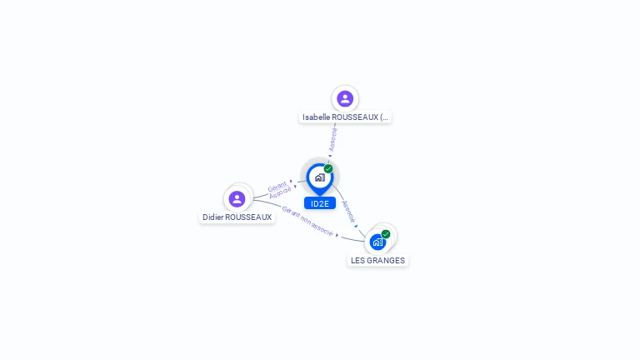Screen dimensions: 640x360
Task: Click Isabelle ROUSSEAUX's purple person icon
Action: point(345,99)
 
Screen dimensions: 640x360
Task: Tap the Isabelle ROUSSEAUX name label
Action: point(345,117)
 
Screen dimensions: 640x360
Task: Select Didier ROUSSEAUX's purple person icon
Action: point(237,199)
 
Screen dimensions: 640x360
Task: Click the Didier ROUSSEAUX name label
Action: point(237,217)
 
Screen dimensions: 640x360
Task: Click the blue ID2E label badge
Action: point(320,203)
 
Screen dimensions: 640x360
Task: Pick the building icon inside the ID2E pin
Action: point(320,177)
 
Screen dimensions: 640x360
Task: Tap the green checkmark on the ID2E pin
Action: point(328,168)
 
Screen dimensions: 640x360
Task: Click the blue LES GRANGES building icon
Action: point(378,242)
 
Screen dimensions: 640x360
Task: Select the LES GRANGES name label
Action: point(378,260)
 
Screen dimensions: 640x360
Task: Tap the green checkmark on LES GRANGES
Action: point(386,234)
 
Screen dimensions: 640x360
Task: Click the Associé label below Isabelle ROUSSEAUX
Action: point(333,139)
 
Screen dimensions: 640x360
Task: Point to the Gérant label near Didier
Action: point(277,187)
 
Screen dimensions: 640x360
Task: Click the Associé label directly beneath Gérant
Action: point(280,192)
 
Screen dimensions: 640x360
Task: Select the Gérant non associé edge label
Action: point(307,221)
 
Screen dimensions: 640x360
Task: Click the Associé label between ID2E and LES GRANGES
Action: point(348,212)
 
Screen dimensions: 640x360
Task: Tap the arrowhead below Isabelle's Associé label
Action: point(330,156)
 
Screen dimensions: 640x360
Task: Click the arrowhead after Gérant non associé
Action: point(337,235)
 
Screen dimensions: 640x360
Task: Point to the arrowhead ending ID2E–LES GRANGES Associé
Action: point(356,226)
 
